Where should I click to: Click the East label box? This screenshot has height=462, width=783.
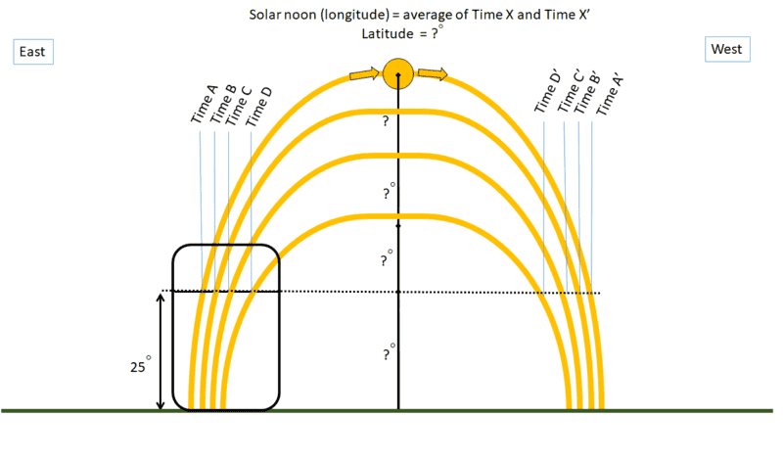click(31, 51)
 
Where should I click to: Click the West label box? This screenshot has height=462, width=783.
click(727, 50)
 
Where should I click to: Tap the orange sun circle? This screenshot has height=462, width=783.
click(397, 72)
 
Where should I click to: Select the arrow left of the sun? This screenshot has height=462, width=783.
click(362, 73)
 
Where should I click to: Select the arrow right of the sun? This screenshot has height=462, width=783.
click(434, 73)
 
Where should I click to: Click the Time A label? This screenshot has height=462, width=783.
click(204, 104)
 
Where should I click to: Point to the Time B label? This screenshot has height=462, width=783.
click(219, 105)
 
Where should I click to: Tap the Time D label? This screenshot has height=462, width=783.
click(258, 107)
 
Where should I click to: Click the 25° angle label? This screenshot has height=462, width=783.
click(140, 367)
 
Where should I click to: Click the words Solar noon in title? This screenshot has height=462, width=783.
click(319, 13)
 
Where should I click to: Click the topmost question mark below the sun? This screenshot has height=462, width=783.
click(387, 123)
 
